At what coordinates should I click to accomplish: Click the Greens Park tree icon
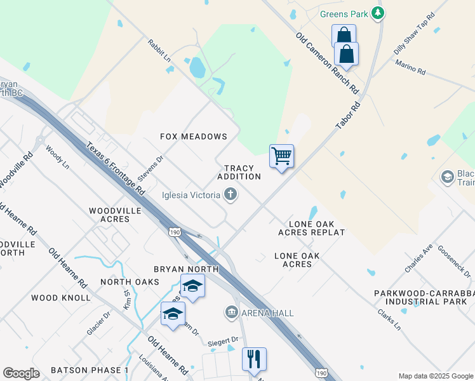point(378,13)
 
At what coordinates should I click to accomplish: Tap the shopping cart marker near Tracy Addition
point(281,156)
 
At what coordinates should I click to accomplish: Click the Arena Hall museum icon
point(231,312)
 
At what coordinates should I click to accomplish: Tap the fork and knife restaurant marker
point(254,359)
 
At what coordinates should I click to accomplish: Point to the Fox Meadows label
point(194,137)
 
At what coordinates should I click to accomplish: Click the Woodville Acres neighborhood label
point(109,215)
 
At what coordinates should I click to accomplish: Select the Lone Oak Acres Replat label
point(311,228)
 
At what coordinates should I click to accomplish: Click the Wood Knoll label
point(61,297)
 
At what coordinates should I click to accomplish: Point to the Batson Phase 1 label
point(90,370)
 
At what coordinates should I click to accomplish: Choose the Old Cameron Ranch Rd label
point(327,62)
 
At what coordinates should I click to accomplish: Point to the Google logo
point(22,373)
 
